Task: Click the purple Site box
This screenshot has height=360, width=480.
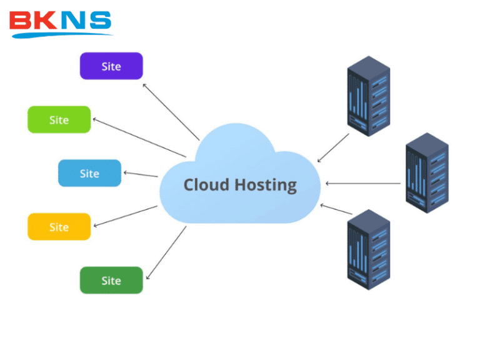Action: point(111,66)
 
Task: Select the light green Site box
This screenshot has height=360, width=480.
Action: point(59,119)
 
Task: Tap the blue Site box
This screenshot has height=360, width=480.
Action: point(89,173)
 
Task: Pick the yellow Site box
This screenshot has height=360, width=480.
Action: point(59,227)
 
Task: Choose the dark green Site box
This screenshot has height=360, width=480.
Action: point(111,281)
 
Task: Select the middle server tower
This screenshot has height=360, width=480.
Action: point(427,172)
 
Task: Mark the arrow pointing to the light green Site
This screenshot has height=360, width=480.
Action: point(139,137)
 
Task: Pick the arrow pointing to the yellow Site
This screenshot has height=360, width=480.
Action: point(124,216)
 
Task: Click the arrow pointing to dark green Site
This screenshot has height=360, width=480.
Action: point(166,253)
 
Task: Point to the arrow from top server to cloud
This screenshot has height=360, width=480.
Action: point(334,147)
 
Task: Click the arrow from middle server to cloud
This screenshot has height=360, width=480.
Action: point(362,184)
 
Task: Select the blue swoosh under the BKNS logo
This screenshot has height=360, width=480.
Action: point(62,34)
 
